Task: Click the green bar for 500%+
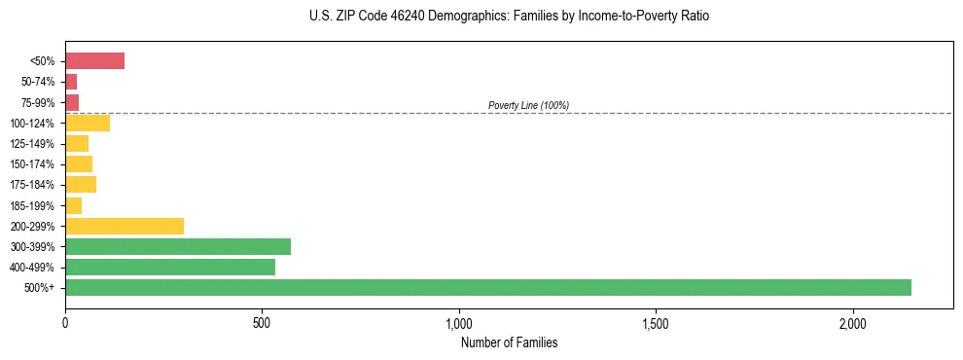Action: [487, 287]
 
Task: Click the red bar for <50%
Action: [94, 61]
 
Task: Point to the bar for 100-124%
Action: [88, 123]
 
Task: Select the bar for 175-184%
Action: [81, 184]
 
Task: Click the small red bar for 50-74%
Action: [71, 82]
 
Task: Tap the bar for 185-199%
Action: [74, 205]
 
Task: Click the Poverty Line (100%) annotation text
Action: [528, 105]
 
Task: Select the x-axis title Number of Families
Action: [509, 342]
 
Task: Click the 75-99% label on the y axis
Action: [38, 102]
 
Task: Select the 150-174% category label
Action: [34, 164]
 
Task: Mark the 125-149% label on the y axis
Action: [34, 144]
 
